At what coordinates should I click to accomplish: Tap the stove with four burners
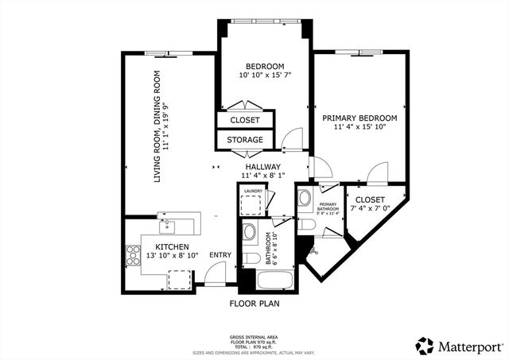tap(133, 256)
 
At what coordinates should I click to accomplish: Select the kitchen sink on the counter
tap(165, 220)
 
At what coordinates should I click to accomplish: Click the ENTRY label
tap(220, 255)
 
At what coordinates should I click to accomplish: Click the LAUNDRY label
tap(253, 192)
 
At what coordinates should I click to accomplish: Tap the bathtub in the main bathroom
tap(266, 281)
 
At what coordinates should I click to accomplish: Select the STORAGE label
tap(244, 140)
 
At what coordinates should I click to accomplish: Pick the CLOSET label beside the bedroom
tap(244, 120)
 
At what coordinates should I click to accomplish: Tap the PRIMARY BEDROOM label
tap(359, 118)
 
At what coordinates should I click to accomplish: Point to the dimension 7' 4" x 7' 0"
tap(370, 208)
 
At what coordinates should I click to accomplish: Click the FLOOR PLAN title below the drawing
tap(254, 304)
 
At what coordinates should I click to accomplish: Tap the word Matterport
tap(468, 346)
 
